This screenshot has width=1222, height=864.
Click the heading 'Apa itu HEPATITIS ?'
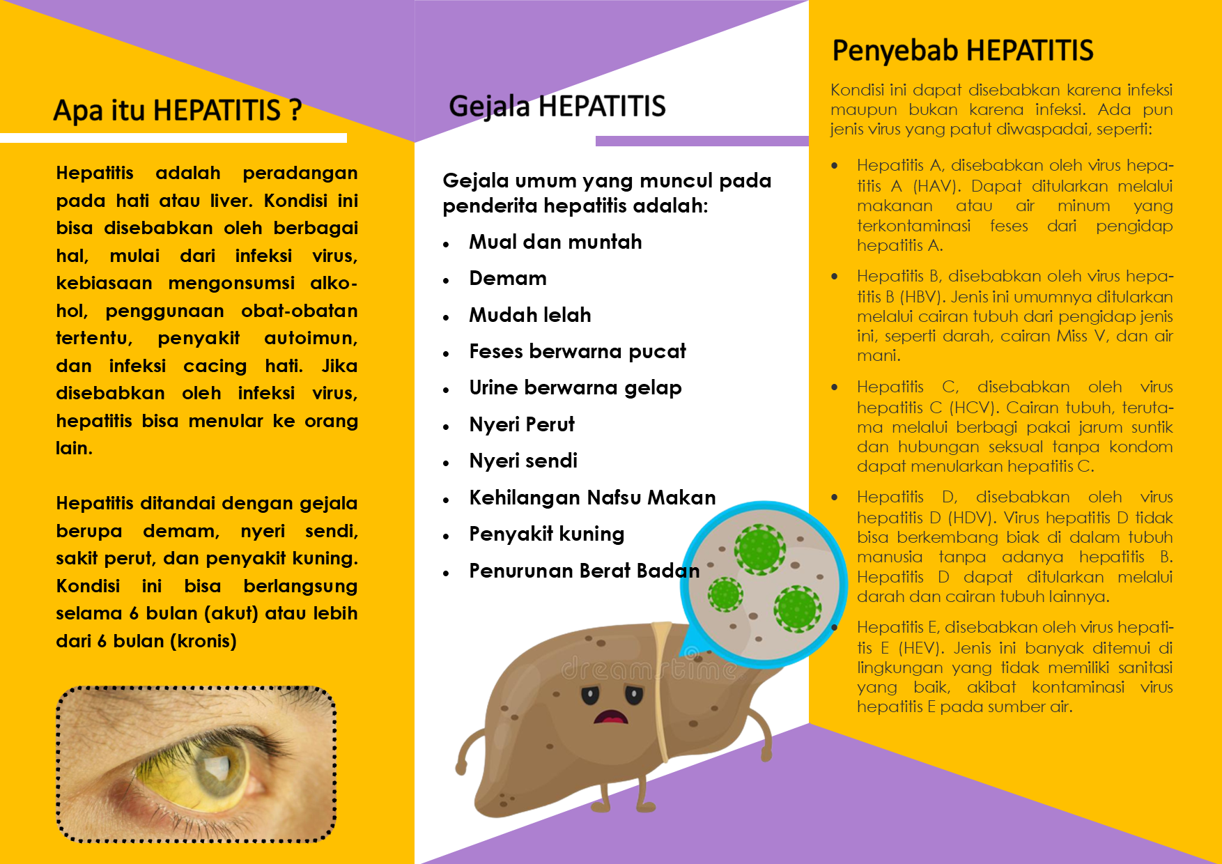pos(178,111)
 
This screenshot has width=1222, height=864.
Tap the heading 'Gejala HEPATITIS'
pos(557,107)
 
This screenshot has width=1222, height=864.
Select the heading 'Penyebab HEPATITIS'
pos(962,51)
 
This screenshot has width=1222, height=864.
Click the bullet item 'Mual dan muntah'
pos(555,242)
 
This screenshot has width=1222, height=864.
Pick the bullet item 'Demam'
pos(507,279)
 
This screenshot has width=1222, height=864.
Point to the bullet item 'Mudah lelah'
pos(529,315)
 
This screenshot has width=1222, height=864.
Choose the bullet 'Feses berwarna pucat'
pos(577,351)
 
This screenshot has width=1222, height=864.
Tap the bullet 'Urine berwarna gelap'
pos(575,388)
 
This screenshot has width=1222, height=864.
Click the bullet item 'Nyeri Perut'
pos(521,424)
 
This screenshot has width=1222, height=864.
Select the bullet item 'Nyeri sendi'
pos(523,461)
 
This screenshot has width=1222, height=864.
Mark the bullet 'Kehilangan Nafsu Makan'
pos(591,497)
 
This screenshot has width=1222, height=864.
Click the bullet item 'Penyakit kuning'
pos(546,534)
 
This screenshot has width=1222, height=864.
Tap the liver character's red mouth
pos(611,717)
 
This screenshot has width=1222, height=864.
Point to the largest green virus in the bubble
pos(759,549)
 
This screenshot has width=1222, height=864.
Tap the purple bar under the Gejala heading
pos(702,141)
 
